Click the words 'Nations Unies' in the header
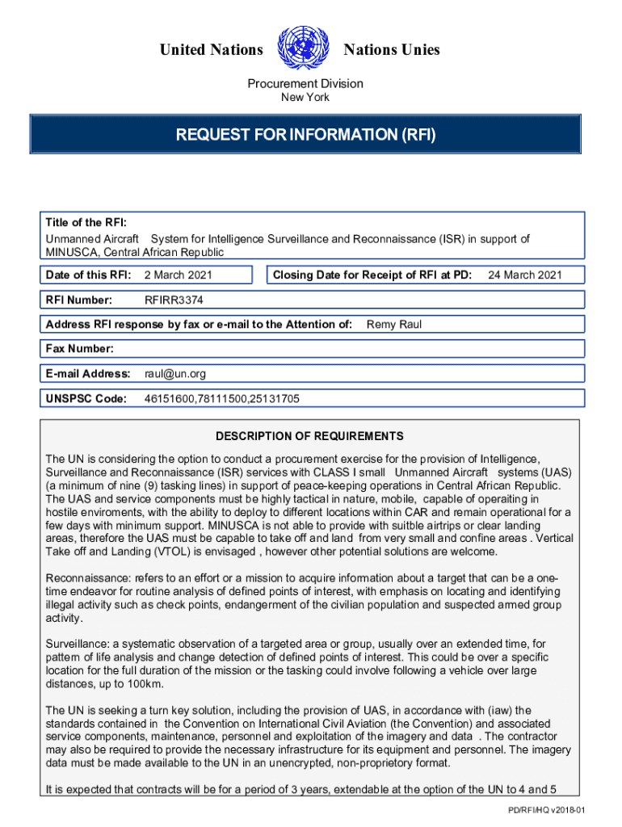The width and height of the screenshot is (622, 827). tap(392, 50)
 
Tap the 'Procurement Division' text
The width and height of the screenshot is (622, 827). tap(305, 83)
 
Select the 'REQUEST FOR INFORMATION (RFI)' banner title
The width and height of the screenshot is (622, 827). tap(305, 135)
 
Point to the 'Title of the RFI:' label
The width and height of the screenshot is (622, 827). tap(86, 223)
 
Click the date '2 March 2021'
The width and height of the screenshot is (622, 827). tap(178, 275)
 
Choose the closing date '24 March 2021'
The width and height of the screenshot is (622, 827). tap(525, 275)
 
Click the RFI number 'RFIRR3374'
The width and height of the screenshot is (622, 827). tap(174, 300)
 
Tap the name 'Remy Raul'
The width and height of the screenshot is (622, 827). tap(394, 325)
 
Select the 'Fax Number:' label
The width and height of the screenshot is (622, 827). tap(80, 349)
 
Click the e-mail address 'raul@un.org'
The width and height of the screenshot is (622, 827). tap(175, 374)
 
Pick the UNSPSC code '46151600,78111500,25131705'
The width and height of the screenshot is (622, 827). tap(222, 399)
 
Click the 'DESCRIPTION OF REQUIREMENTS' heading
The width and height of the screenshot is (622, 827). tap(309, 436)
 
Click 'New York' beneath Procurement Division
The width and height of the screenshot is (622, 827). tap(305, 98)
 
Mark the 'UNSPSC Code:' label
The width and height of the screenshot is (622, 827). tap(86, 399)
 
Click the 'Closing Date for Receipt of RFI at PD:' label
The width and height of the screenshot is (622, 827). tap(372, 275)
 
